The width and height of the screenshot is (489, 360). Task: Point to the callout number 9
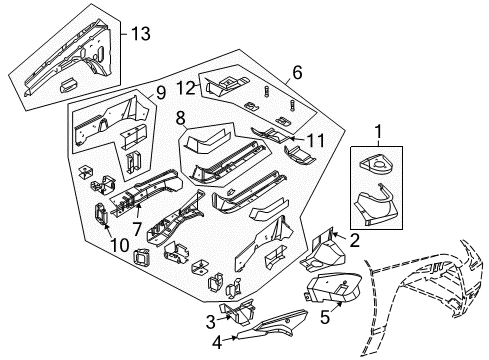coord(160,96)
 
